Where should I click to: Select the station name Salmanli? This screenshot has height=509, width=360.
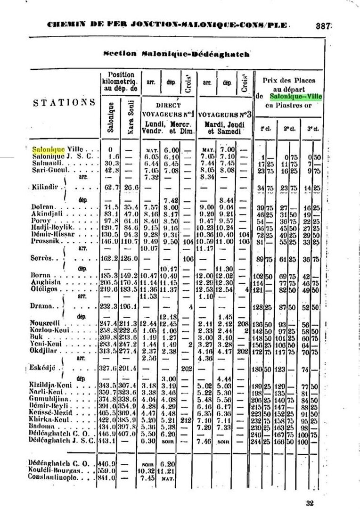(44, 163)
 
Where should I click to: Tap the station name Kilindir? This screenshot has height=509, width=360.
(44, 187)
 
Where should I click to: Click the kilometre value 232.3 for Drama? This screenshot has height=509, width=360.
(108, 306)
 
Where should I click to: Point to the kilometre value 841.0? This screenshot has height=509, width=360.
(108, 478)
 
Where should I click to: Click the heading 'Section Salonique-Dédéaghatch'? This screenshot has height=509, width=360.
(176, 54)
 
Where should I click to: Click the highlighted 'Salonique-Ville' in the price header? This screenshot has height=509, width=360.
(296, 97)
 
